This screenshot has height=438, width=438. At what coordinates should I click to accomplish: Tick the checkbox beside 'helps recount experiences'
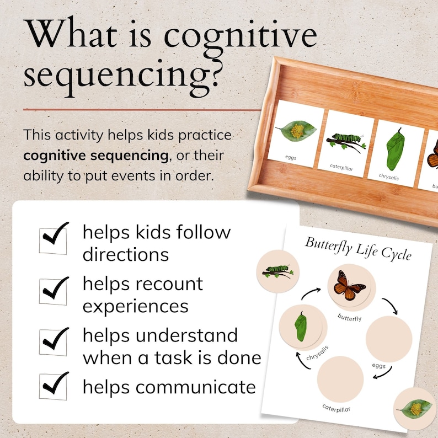click(x=53, y=292)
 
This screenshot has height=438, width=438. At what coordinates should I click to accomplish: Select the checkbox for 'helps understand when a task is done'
click(x=53, y=342)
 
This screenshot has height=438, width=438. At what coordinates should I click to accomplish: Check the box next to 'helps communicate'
click(x=53, y=387)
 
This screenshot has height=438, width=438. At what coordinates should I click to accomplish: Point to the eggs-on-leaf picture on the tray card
click(x=296, y=130)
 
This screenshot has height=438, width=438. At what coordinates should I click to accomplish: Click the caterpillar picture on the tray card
click(x=346, y=142)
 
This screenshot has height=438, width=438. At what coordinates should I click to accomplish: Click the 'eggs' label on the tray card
click(x=291, y=158)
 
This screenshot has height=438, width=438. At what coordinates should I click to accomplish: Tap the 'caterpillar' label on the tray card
click(x=341, y=167)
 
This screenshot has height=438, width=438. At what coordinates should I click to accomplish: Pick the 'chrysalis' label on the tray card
click(x=388, y=177)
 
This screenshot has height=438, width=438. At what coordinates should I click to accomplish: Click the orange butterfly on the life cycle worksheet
click(x=349, y=286)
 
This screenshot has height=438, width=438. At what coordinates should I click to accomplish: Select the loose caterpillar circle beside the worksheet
click(x=277, y=271)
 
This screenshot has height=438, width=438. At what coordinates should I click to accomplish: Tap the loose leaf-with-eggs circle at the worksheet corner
click(x=416, y=409)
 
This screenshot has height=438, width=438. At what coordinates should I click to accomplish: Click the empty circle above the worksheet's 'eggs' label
click(x=389, y=339)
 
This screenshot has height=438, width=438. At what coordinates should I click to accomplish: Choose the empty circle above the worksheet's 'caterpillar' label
click(x=340, y=380)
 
